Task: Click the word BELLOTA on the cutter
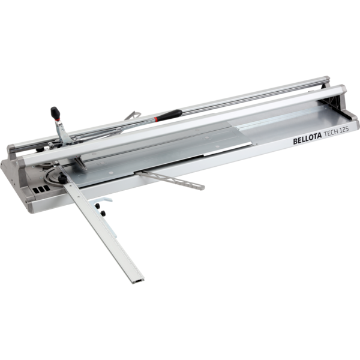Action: [307, 139]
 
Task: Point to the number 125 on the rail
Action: [344, 130]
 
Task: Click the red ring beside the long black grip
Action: [156, 119]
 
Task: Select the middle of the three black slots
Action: [41, 190]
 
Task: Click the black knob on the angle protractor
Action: [62, 179]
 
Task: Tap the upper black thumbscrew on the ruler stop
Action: [98, 205]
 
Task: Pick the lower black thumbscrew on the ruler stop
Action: [103, 213]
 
